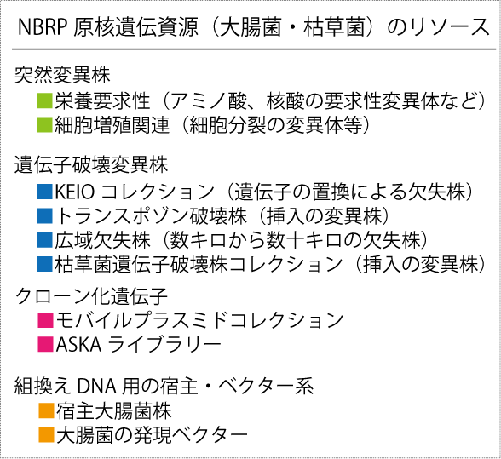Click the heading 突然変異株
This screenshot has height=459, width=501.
click(63, 75)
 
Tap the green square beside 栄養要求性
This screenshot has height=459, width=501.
click(44, 100)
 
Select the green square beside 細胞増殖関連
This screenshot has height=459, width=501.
click(44, 124)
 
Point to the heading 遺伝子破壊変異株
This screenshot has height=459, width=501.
click(91, 165)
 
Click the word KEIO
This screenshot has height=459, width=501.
click(75, 192)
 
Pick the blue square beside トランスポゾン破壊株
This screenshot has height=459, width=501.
click(44, 215)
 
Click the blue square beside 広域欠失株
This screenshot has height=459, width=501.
click(44, 239)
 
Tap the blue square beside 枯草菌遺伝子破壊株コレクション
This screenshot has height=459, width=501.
click(44, 264)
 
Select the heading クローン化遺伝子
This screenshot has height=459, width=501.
click(92, 296)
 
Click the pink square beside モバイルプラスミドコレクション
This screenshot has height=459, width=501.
click(45, 320)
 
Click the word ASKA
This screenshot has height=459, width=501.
click(79, 344)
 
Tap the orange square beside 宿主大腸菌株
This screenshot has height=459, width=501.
click(46, 410)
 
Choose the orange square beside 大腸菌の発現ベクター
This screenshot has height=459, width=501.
click(46, 434)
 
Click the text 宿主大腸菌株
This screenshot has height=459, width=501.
click(114, 410)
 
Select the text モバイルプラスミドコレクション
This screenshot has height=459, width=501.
click(199, 320)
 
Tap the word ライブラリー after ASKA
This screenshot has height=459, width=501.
click(164, 344)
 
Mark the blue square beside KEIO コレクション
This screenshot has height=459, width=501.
click(44, 192)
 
